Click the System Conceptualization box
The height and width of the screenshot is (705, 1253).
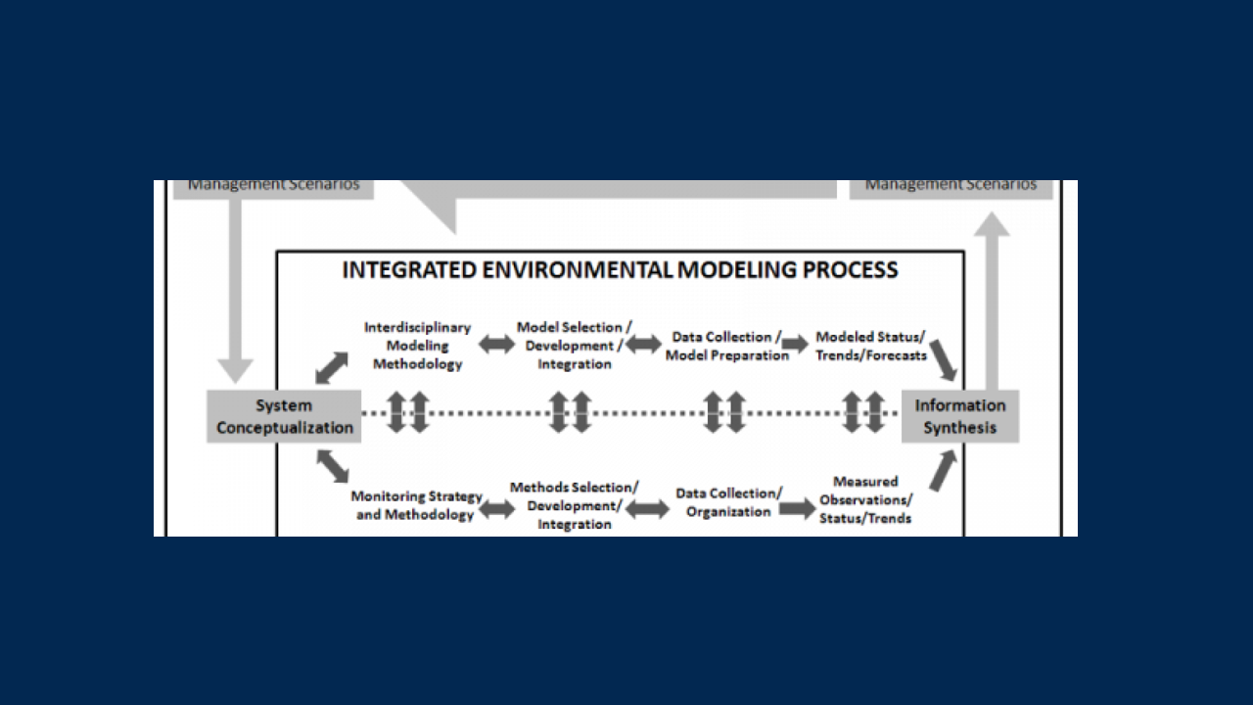click(284, 416)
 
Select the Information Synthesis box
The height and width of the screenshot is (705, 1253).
click(959, 416)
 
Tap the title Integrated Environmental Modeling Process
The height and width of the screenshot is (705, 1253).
click(620, 270)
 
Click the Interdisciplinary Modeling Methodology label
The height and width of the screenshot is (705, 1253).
click(417, 346)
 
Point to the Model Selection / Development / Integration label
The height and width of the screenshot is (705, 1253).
click(575, 346)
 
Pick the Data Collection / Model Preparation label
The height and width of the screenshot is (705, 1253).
click(727, 346)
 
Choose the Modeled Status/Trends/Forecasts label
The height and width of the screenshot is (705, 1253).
click(870, 346)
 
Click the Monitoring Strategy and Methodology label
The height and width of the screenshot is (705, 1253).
click(416, 505)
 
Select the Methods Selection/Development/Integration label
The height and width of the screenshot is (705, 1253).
click(575, 505)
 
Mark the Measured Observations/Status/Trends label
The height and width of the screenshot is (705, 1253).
click(865, 499)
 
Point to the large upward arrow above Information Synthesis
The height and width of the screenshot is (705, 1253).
click(993, 299)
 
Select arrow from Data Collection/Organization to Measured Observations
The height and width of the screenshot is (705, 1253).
click(797, 509)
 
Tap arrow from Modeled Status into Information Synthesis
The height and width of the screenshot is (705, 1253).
click(944, 359)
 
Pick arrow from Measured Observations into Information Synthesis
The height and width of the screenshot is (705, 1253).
click(942, 471)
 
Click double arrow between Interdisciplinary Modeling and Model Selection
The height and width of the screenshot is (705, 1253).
click(496, 345)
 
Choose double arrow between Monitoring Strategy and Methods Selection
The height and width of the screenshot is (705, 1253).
click(496, 509)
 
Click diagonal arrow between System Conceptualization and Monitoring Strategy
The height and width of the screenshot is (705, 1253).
click(333, 466)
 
